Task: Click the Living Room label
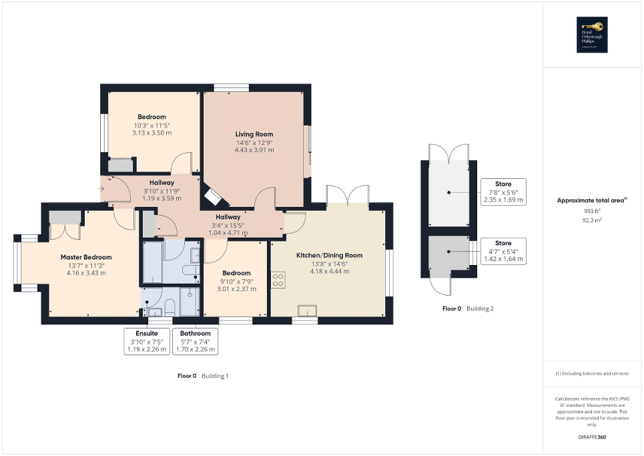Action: (x=254, y=134)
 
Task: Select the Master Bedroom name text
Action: (x=86, y=257)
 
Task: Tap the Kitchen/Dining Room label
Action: (x=329, y=255)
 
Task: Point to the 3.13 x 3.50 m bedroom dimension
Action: (x=152, y=133)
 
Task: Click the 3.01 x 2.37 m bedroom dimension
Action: (x=236, y=289)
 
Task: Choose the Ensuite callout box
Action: (x=147, y=340)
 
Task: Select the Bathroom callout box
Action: (x=195, y=340)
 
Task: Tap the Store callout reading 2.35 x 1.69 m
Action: (x=503, y=192)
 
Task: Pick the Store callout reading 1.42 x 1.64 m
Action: (x=503, y=251)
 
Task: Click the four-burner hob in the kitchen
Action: (x=278, y=280)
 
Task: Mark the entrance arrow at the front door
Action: (x=101, y=189)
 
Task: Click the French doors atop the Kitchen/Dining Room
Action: (x=348, y=196)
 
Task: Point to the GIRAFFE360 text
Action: (x=593, y=437)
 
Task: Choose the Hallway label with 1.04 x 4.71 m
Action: (x=228, y=224)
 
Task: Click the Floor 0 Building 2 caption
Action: (x=468, y=308)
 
